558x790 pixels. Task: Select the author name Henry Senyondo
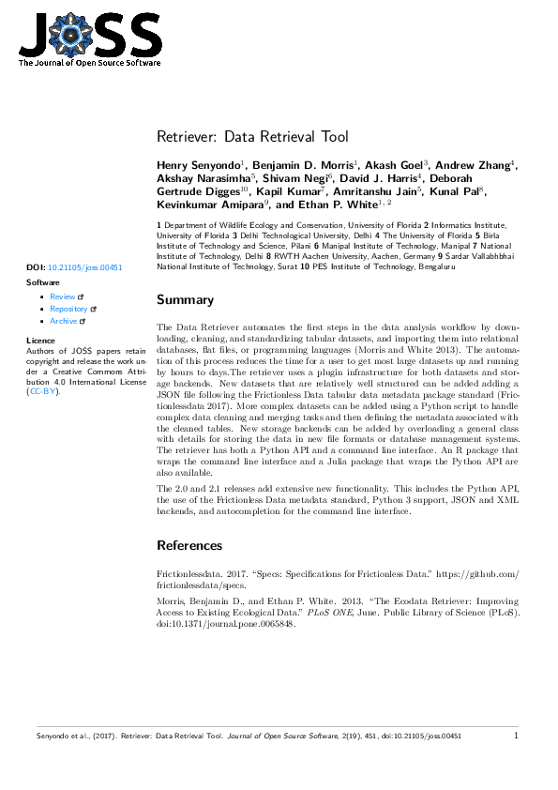coord(198,165)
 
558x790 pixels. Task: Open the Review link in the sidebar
coord(62,296)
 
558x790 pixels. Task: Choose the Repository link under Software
coord(68,309)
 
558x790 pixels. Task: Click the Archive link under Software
coord(63,321)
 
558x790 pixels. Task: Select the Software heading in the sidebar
coord(43,281)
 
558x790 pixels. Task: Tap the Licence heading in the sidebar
coord(41,340)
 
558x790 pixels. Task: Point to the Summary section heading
coord(185,300)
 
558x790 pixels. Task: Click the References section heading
coord(190,545)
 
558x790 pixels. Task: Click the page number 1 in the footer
coord(517,737)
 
